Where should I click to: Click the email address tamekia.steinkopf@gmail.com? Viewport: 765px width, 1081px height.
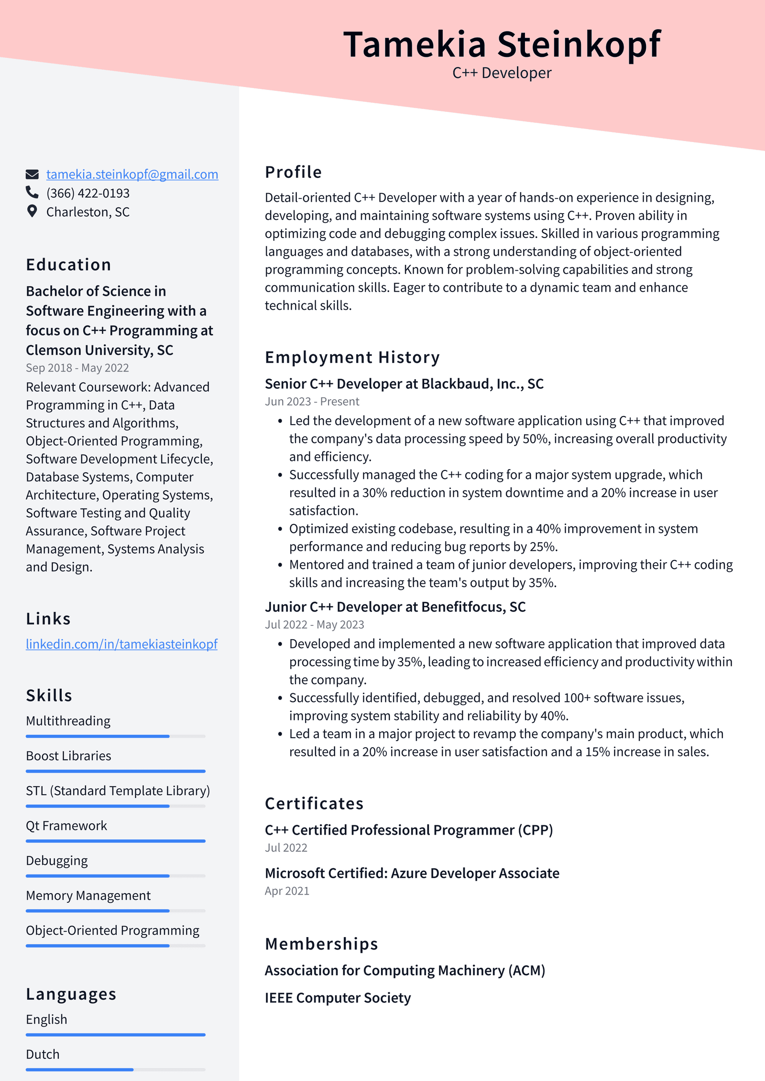pos(132,175)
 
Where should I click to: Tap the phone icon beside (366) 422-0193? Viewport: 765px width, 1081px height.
pos(32,192)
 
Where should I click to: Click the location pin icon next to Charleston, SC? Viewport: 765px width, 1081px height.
pos(32,211)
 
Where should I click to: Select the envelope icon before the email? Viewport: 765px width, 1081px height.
pos(32,174)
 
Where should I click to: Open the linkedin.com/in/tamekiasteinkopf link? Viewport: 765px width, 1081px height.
pos(121,644)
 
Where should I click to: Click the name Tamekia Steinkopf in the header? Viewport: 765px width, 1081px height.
pos(502,44)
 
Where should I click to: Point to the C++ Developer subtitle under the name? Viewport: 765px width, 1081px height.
pos(502,73)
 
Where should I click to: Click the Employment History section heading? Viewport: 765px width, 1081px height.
pos(352,357)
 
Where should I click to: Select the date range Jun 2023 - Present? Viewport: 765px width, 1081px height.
pos(312,402)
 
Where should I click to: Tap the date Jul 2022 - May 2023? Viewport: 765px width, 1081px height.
pos(314,624)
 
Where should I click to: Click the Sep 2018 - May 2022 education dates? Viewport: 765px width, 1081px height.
pos(77,368)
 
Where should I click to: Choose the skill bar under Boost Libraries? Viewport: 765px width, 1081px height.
pos(115,771)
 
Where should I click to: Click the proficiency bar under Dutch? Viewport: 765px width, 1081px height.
pos(115,1070)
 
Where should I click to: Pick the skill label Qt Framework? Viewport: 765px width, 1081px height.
pos(66,826)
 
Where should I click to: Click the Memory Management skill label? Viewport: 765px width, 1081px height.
pos(88,895)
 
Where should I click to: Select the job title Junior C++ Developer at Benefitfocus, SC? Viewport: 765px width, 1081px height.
pos(395,607)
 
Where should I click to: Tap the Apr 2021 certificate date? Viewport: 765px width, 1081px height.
pos(287,891)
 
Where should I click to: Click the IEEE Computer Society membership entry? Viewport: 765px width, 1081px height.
pos(338,998)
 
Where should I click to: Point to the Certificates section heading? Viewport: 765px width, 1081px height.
pos(314,804)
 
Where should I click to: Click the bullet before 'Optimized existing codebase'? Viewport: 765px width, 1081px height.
pos(280,529)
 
